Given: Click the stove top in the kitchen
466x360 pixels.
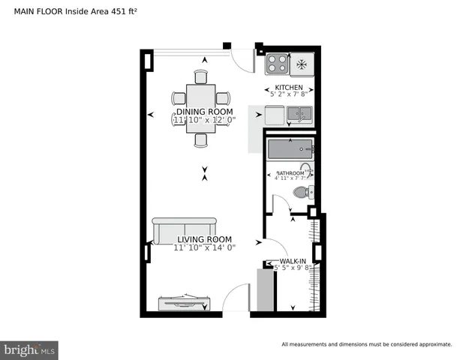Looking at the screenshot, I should coord(278,64).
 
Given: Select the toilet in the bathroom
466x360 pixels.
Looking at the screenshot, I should coord(301,193).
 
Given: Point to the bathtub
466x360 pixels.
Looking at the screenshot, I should coord(289,149).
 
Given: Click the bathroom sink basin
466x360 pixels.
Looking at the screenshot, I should coord(306,169).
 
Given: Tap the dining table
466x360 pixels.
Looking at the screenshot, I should coord(200,107).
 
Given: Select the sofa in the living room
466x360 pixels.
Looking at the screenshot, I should coord(185,232).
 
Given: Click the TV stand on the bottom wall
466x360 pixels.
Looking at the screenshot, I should coord(183,301).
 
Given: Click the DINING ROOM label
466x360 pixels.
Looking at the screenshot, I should coord(204,112).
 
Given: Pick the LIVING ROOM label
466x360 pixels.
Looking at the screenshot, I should coord(204,239).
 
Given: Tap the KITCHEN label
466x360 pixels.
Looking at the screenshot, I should coord(289,88).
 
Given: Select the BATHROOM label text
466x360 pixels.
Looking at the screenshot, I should coord(289,173).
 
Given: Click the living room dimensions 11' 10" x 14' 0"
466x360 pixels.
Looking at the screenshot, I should coord(204,247).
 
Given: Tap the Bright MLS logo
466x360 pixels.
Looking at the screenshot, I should coord(29,350).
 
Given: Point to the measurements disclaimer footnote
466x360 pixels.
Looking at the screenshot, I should coord(366,344).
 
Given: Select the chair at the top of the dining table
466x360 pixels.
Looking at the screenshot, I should coord(200,76).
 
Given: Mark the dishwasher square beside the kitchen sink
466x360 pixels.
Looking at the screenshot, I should coord(275,115).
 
